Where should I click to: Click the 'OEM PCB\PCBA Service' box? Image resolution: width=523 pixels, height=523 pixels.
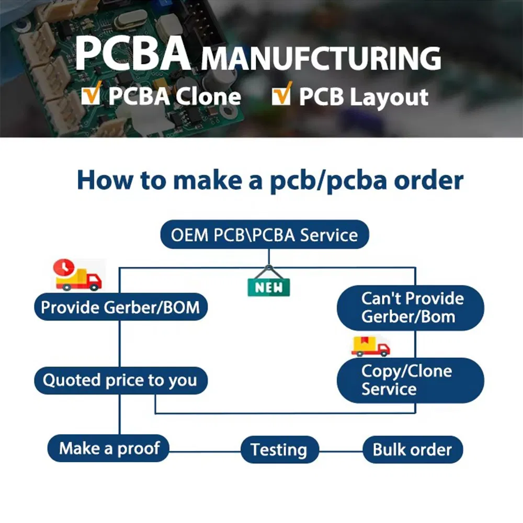coord(264,235)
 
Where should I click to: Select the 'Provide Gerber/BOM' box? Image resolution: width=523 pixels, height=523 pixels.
coord(120,306)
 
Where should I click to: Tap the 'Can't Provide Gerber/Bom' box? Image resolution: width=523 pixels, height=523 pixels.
coord(411,308)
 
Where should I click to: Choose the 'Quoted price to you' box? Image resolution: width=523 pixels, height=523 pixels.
coord(120,380)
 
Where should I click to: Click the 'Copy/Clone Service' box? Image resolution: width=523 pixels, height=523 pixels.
coord(411,380)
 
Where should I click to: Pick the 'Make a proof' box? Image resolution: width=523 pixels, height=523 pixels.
coord(108,448)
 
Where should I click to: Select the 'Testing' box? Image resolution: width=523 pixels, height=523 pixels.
coord(279,450)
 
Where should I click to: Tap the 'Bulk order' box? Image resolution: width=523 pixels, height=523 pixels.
coord(412,450)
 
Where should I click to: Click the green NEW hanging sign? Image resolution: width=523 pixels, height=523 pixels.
coord(269,286)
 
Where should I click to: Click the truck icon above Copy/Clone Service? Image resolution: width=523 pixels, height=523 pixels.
coord(370,346)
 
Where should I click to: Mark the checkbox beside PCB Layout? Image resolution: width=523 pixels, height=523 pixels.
coord(281,96)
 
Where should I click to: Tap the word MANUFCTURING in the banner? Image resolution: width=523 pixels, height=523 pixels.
coord(321,58)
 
